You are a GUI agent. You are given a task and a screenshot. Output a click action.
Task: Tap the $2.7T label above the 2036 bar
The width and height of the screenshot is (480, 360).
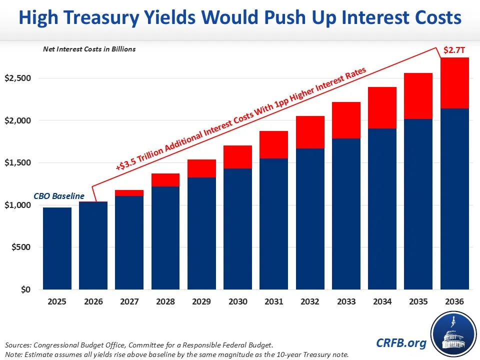[x=454, y=50]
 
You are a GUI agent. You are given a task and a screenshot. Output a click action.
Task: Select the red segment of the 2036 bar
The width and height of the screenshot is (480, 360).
[x=454, y=83]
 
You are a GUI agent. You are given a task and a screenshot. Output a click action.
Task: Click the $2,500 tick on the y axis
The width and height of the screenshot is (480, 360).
[x=18, y=78]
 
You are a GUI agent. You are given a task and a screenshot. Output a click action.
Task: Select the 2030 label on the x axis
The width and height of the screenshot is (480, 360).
[x=238, y=302]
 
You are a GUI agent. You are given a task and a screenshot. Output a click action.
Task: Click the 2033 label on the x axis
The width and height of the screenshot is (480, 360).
[x=346, y=302]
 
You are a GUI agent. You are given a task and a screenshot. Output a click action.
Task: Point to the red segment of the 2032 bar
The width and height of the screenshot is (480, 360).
[x=310, y=132]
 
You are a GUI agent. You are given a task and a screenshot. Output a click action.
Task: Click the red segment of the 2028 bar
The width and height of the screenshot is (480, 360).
[x=165, y=180]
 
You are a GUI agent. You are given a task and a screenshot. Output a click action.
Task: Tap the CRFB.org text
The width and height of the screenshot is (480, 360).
[x=402, y=342]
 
